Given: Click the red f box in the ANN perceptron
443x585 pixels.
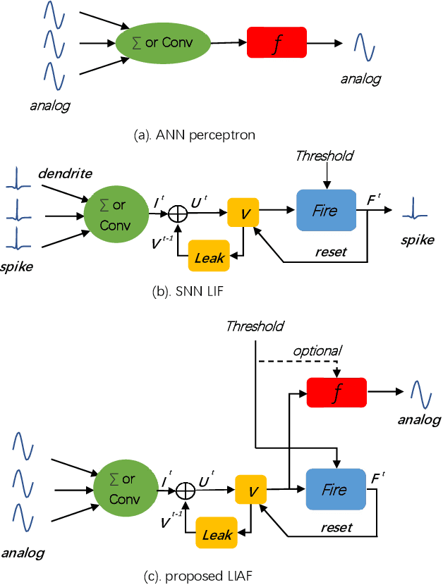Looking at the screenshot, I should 277,42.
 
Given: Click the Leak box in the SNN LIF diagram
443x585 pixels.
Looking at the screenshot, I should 209,259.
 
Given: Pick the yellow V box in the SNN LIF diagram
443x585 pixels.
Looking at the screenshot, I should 243,210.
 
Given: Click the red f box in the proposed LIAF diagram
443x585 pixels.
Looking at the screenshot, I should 336,392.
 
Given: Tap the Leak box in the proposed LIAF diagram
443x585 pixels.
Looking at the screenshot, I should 217,536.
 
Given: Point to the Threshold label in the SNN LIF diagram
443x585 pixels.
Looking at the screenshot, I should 324,156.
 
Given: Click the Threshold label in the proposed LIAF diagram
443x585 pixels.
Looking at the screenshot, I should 255,326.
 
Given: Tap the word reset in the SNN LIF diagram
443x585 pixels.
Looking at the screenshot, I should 332,252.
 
